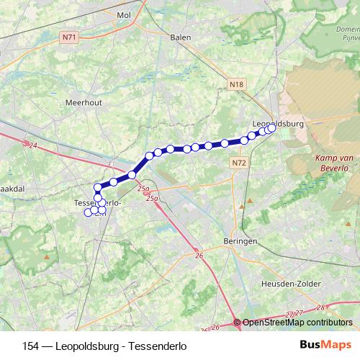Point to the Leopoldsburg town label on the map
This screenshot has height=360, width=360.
pos(279,123)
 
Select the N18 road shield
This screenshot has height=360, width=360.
pos(235,85)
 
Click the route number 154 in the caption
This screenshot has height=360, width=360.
pos(32,346)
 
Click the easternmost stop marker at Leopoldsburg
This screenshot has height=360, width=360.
pos(272,129)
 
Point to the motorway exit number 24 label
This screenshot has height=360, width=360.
pos(32,145)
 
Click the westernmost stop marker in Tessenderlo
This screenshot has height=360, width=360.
pos(89,212)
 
